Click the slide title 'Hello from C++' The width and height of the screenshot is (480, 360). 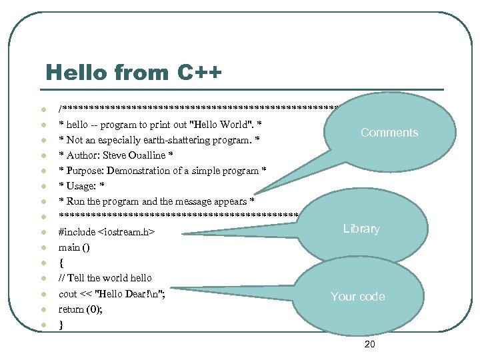coord(133,72)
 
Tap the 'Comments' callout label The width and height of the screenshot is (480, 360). coord(389,133)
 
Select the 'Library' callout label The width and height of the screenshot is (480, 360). coord(361,229)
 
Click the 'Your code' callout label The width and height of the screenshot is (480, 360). coord(358,297)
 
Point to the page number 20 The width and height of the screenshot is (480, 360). coord(370,344)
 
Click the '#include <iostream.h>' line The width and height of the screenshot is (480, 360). coord(107,232)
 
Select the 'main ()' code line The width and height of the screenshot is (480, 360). coord(74,247)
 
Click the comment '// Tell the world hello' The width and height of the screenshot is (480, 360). coord(105,278)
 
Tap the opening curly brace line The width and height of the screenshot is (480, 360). coord(61,263)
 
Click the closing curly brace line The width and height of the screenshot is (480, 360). coord(61,325)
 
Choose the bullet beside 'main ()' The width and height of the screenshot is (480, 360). coord(41,248)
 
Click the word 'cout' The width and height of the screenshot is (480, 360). coord(68,294)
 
